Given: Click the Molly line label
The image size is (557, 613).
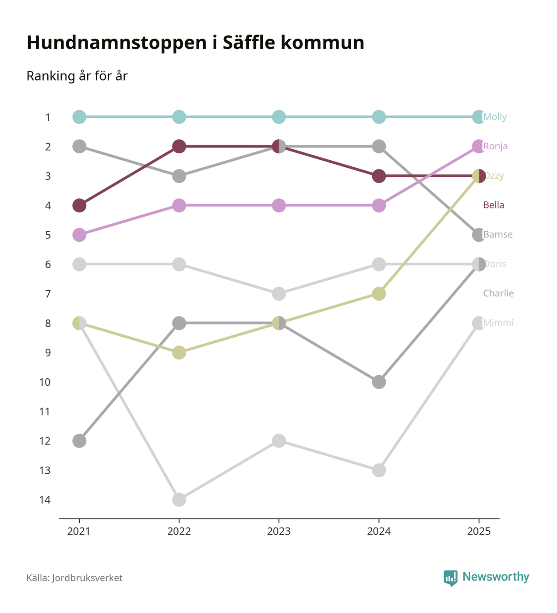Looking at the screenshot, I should coord(495,117).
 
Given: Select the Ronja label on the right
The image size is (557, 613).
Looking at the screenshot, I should coord(496,146).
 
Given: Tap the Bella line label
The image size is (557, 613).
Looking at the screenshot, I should coord(494,205).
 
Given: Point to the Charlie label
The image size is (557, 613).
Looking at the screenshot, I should coord(498,293).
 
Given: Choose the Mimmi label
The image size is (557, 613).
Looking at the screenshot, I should coord(498,323).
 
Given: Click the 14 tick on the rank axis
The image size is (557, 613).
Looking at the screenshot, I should coord(45,500).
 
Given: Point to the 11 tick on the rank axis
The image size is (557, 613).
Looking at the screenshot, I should coord(45,412).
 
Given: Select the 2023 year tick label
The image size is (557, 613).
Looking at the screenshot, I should coord(279,532).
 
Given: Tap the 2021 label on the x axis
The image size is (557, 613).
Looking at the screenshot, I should coord(79,532).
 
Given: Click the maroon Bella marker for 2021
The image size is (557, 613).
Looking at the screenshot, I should coord(79,205).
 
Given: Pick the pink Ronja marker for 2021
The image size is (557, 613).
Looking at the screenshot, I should coord(79,235).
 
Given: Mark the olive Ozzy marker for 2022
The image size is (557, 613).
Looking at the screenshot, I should coord(179,352).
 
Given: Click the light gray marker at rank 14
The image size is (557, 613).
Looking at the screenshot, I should coord(179,500).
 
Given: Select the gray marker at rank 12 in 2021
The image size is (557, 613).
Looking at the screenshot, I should coord(79,441).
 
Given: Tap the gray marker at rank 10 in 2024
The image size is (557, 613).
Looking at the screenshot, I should coord(379,382).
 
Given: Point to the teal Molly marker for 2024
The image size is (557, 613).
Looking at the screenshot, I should coord(379,117).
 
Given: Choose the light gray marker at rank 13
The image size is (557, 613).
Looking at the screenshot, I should coord(379,471).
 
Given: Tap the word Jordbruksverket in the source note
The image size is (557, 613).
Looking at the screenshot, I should coord(87,578).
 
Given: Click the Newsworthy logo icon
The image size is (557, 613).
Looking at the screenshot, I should coord(450,578).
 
